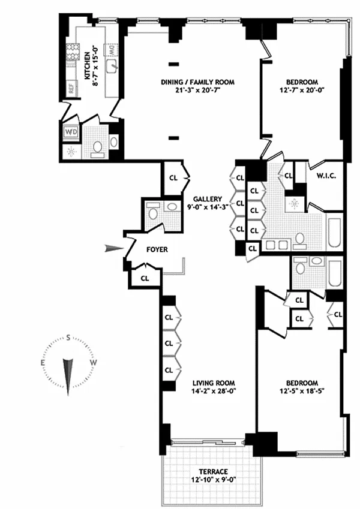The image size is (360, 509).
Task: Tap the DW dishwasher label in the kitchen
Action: (x=111, y=50)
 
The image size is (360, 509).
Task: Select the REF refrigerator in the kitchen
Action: (x=71, y=88)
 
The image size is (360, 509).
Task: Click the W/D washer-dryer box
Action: (x=71, y=132)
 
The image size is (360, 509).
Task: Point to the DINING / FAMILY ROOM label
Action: (x=197, y=82)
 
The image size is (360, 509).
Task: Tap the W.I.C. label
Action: (x=326, y=176)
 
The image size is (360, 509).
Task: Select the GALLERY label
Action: (x=207, y=199)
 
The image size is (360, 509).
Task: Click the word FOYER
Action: (x=157, y=249)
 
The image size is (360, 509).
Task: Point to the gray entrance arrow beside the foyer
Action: (x=114, y=249)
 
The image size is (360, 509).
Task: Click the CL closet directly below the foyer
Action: (x=145, y=278)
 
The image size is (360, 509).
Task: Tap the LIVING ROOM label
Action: (x=214, y=383)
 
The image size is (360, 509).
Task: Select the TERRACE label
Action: (x=213, y=471)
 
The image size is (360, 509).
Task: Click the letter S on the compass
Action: (x=68, y=338)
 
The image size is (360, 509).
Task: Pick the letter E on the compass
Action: (x=43, y=363)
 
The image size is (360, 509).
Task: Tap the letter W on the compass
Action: (x=93, y=363)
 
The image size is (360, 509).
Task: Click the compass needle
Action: (x=68, y=377)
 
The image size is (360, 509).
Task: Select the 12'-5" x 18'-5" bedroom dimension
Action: (x=302, y=391)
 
